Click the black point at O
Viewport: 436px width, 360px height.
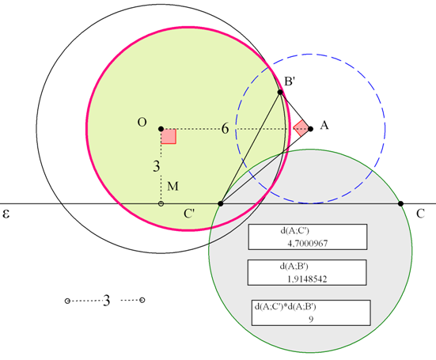coord(161,129)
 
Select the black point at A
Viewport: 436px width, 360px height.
coord(311,129)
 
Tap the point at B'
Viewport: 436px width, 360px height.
coord(280,92)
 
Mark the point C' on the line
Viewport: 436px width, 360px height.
coord(221,204)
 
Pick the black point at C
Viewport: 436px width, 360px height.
coord(400,204)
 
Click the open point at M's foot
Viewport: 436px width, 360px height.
coord(161,204)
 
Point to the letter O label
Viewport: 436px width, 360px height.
coord(142,122)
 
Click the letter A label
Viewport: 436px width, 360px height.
coord(324,125)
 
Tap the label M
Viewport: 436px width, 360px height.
coord(173,186)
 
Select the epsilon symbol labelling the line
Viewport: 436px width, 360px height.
coord(6,214)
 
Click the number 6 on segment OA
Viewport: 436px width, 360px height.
coord(225,129)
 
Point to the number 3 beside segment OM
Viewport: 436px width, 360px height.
coord(157,166)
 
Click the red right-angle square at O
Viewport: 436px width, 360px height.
coord(169,136)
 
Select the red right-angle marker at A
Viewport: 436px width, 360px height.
coord(301,128)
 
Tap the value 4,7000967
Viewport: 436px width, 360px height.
coord(308,244)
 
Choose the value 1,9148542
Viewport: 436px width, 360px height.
coord(307,279)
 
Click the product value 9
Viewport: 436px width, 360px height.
coord(311,319)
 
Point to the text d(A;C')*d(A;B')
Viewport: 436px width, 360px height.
coord(286,307)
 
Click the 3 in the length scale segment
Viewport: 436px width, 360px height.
coord(107,301)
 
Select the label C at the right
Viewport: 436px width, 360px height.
coord(420,214)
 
